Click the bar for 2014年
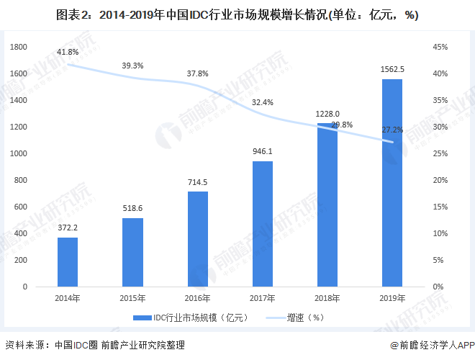(68, 261)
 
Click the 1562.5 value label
(392, 69)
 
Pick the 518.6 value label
(132, 208)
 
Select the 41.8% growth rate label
(68, 52)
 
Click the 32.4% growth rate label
(263, 102)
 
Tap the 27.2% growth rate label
(392, 130)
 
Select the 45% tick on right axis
(440, 47)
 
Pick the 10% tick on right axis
(440, 233)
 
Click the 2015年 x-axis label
(132, 298)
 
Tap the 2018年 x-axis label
(327, 298)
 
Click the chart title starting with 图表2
(237, 14)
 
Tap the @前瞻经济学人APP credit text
(430, 346)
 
